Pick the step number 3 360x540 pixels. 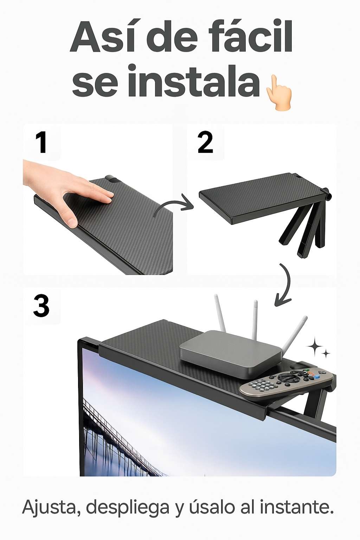click(41, 307)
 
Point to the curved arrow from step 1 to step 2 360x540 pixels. click(174, 203)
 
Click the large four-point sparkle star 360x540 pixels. click(315, 347)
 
